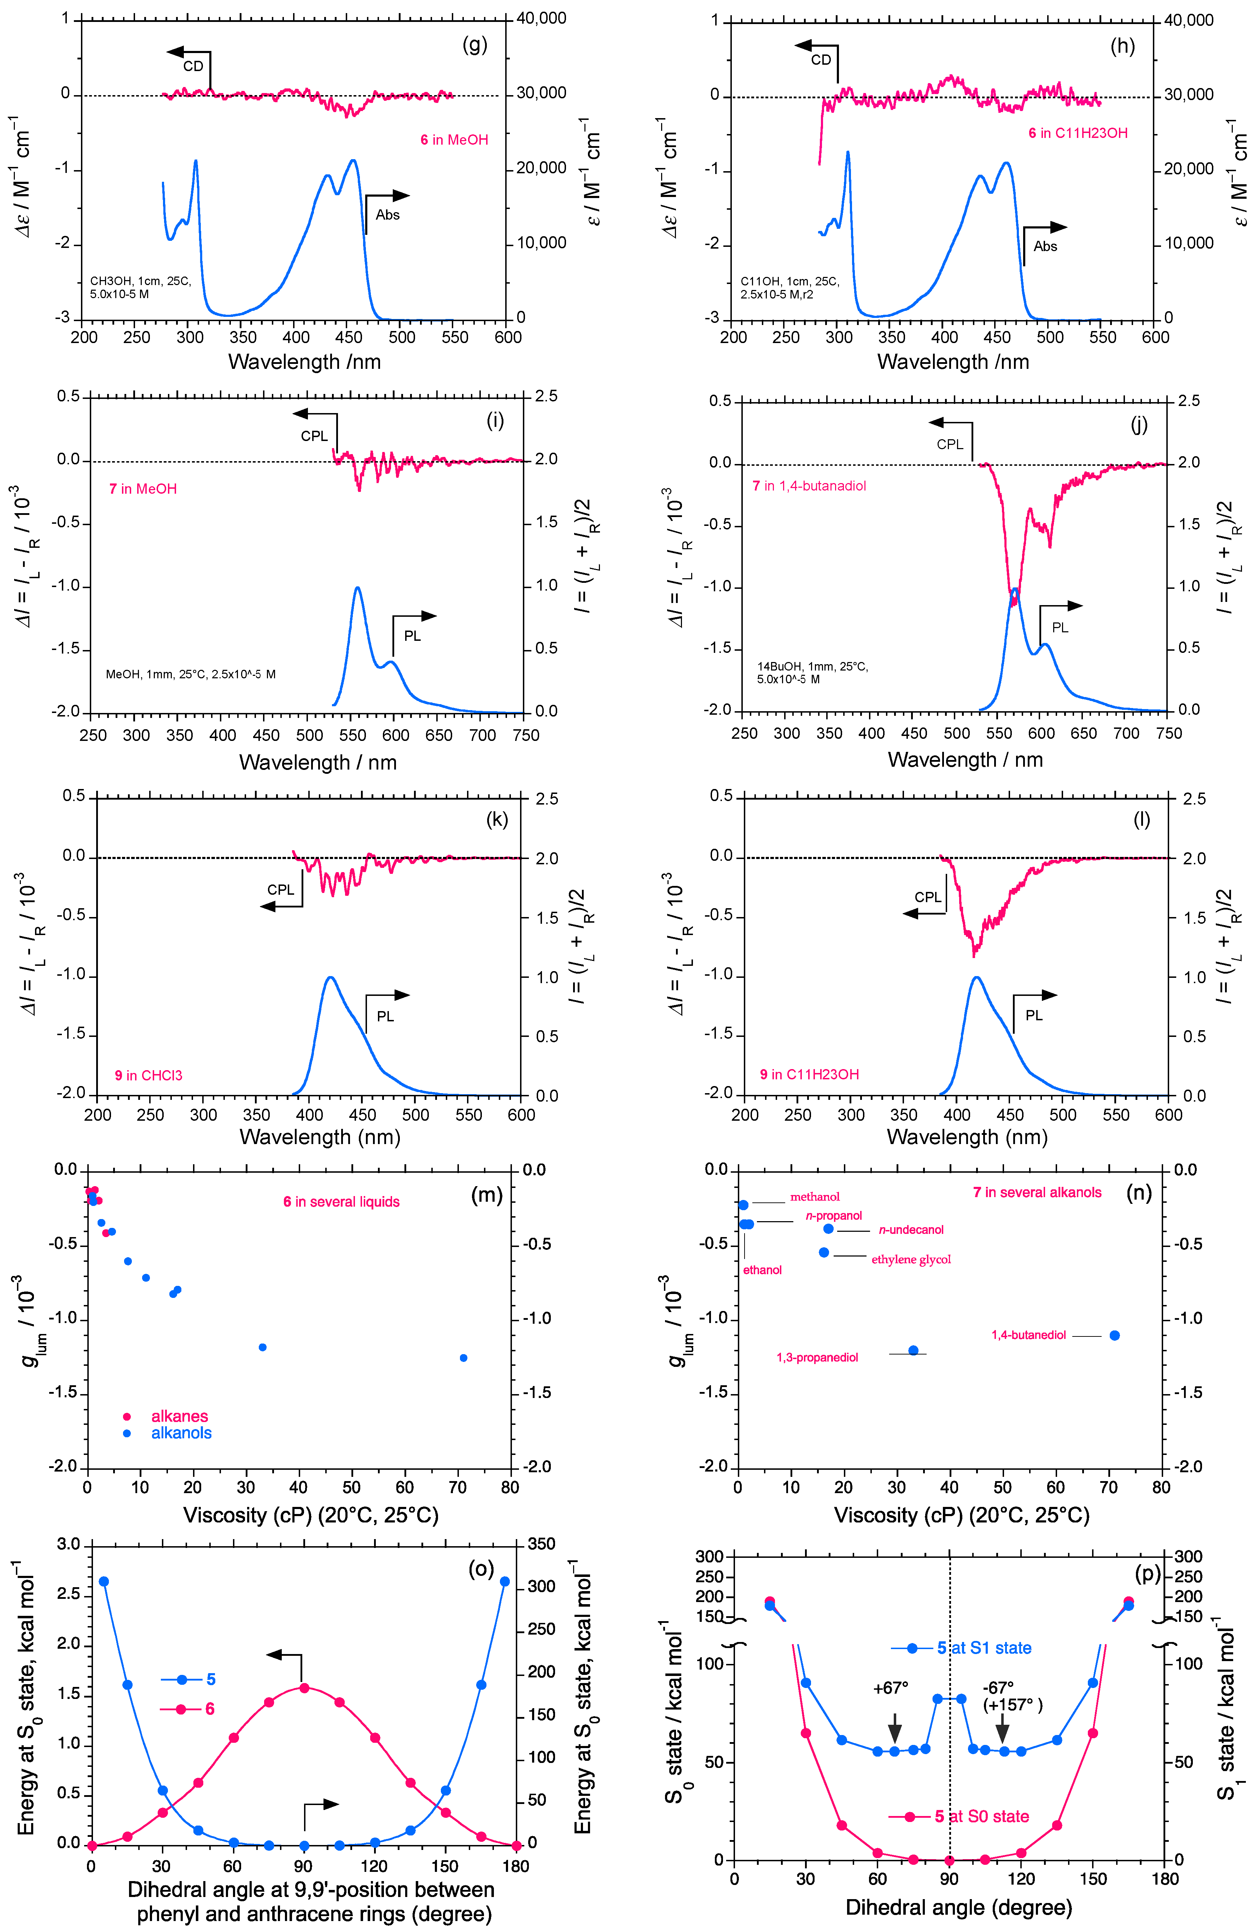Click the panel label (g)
point(475,45)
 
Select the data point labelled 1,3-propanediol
point(913,1350)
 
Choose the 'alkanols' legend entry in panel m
point(181,1433)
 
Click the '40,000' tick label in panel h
point(1189,20)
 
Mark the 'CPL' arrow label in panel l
point(928,897)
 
